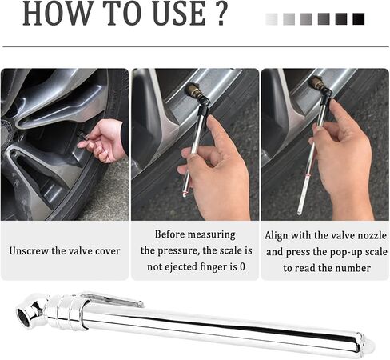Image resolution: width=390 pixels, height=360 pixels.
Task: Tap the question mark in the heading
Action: [x=221, y=14]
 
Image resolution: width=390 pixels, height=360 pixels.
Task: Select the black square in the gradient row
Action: [x=358, y=19]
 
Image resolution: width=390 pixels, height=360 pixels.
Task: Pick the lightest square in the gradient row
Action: [x=272, y=19]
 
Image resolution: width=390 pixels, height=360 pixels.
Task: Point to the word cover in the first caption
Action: [x=108, y=251]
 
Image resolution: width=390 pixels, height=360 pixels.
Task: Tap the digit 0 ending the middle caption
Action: [x=242, y=266]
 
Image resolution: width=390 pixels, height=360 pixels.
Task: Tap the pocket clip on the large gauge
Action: [x=112, y=300]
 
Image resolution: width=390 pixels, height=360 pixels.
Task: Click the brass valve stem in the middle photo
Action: [x=194, y=90]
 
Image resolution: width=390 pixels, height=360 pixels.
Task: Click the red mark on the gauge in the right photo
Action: [x=308, y=175]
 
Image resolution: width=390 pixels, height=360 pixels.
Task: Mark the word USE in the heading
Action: [x=180, y=14]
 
